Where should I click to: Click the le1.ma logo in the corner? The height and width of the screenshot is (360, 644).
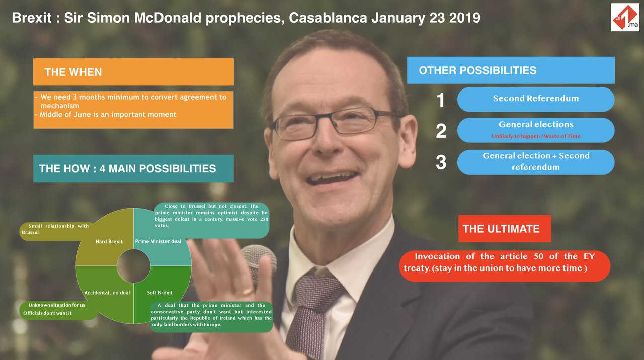[625, 17]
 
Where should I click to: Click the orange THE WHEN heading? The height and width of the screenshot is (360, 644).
[133, 72]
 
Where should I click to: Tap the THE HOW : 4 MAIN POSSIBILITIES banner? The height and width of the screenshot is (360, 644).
[133, 168]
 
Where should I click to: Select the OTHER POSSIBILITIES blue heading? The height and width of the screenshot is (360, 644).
[511, 70]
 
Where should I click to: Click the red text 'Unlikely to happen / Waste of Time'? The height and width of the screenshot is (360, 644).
[536, 136]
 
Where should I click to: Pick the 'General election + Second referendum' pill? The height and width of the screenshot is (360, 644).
[536, 162]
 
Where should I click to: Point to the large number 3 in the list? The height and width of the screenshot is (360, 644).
[441, 162]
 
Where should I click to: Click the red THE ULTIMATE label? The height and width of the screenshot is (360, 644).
[505, 229]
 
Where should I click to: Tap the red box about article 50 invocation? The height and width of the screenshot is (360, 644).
[505, 266]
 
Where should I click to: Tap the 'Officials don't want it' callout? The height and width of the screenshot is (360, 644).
[57, 310]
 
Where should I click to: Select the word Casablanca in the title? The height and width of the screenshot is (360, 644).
[328, 18]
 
